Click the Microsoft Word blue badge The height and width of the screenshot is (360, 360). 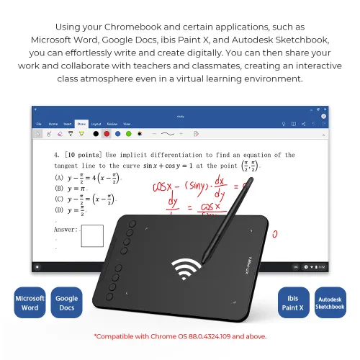pyautogui.click(x=30, y=302)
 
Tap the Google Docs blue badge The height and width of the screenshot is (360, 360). pyautogui.click(x=67, y=302)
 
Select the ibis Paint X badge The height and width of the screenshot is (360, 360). pyautogui.click(x=294, y=302)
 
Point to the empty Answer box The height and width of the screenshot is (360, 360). pyautogui.click(x=92, y=235)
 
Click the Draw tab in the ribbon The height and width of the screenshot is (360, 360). pyautogui.click(x=81, y=124)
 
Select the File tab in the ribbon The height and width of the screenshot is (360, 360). pyautogui.click(x=40, y=124)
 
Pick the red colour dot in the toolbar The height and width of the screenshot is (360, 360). pyautogui.click(x=106, y=133)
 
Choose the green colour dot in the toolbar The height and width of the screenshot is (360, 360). pyautogui.click(x=127, y=133)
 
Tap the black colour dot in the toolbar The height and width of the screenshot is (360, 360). pyautogui.click(x=95, y=133)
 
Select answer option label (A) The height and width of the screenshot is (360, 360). pyautogui.click(x=59, y=177)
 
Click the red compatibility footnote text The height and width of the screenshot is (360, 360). pyautogui.click(x=180, y=336)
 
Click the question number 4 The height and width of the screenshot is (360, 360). pyautogui.click(x=56, y=155)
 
